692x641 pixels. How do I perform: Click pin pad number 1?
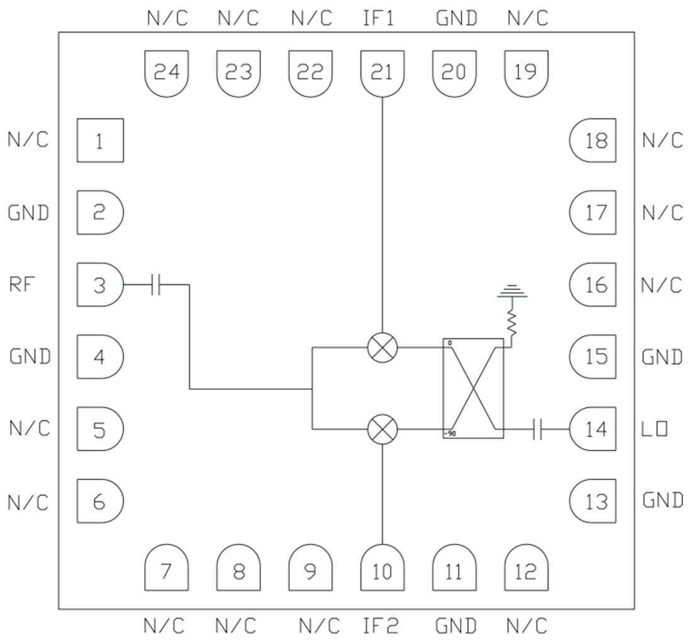pyautogui.click(x=100, y=140)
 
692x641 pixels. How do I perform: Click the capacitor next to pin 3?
pyautogui.click(x=157, y=285)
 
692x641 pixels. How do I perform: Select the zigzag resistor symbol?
pyautogui.click(x=512, y=322)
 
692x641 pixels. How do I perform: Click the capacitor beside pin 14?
pyautogui.click(x=537, y=430)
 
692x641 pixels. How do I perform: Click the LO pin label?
pyautogui.click(x=654, y=430)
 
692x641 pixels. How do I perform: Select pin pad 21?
pyautogui.click(x=382, y=73)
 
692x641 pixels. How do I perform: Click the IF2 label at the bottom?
pyautogui.click(x=381, y=626)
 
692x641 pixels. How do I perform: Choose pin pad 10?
pyautogui.click(x=382, y=569)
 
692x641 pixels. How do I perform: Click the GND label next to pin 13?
pyautogui.click(x=662, y=500)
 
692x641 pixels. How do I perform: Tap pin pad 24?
pyautogui.click(x=167, y=73)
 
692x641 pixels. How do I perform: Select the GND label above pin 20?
pyautogui.click(x=457, y=18)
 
